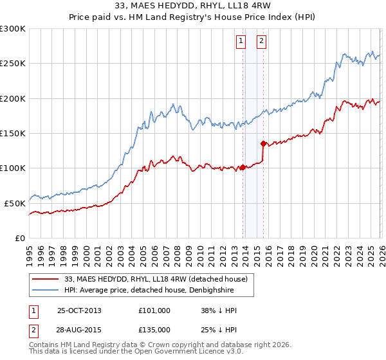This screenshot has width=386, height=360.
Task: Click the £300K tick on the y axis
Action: click(x=13, y=29)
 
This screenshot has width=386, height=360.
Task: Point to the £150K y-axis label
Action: click(x=13, y=133)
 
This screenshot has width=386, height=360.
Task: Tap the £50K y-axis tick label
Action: click(x=15, y=203)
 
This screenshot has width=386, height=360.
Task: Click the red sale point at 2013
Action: click(x=243, y=167)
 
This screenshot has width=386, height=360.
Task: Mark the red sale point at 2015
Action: click(x=263, y=143)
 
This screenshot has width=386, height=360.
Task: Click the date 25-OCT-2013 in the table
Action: click(x=79, y=310)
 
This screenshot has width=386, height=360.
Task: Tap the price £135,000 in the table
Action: click(x=154, y=329)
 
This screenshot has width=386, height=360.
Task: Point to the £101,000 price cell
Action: click(x=154, y=310)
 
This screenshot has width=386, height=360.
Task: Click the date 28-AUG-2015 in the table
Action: click(x=79, y=329)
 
